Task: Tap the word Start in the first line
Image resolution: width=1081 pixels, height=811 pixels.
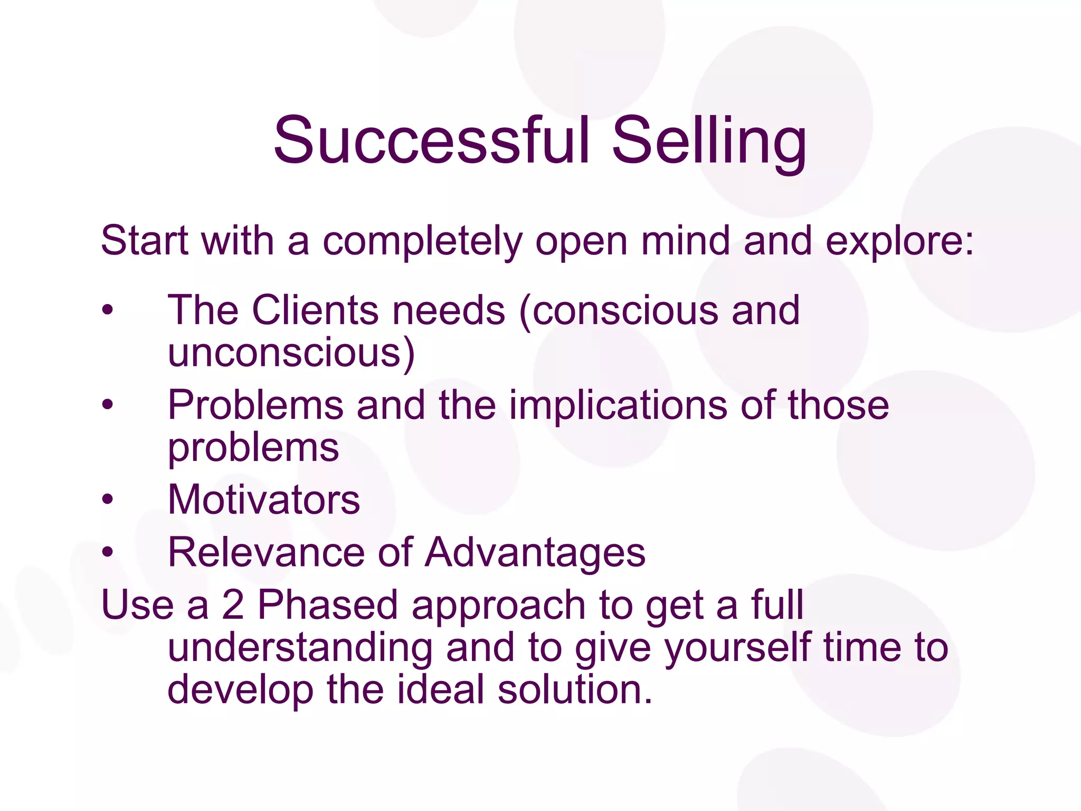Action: click(144, 241)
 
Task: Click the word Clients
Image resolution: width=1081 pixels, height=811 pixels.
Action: click(315, 310)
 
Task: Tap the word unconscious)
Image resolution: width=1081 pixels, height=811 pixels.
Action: click(291, 353)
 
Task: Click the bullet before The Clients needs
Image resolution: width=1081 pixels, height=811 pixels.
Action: click(108, 310)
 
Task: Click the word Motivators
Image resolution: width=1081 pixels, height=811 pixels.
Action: click(264, 499)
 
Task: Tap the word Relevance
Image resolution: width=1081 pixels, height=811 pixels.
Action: click(266, 552)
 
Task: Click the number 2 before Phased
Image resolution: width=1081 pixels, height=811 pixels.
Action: click(233, 605)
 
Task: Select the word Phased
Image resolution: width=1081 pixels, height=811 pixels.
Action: click(327, 605)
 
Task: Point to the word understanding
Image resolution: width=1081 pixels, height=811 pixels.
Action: click(300, 649)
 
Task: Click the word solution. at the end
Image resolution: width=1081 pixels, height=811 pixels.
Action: click(575, 690)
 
